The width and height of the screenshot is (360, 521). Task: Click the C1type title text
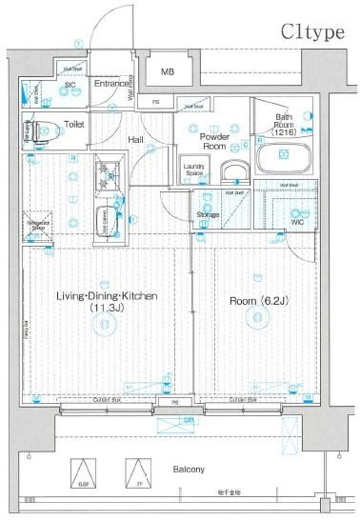pos(311,32)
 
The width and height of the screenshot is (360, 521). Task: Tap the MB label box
pos(168,72)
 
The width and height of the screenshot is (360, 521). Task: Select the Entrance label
pos(112,85)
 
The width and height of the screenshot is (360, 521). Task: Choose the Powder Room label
pos(212,142)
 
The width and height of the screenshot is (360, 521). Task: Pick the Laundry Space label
pos(195,170)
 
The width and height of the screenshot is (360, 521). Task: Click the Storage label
pos(209,215)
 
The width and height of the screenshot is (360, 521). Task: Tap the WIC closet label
pos(298,222)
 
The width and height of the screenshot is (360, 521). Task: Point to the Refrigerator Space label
pos(38,226)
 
